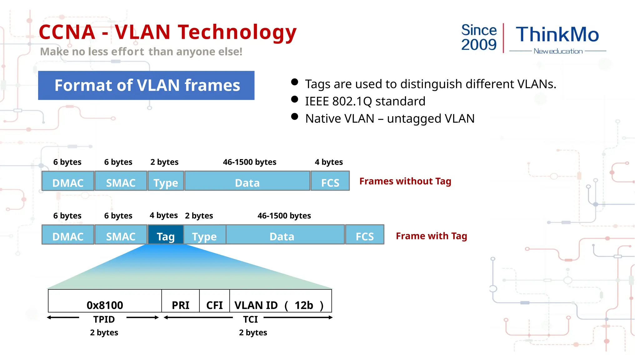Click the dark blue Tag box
click(165, 235)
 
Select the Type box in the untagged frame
click(166, 181)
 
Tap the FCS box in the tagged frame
click(364, 235)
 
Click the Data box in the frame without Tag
click(247, 181)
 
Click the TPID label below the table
click(104, 319)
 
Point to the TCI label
click(250, 319)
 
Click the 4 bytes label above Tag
click(163, 215)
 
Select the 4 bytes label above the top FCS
click(329, 162)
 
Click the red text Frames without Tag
click(405, 181)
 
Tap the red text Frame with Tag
click(431, 236)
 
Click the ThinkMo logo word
click(557, 34)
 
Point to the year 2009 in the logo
click(479, 45)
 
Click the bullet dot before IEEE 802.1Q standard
click(294, 99)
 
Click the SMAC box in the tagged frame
click(121, 235)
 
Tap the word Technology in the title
click(237, 32)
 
